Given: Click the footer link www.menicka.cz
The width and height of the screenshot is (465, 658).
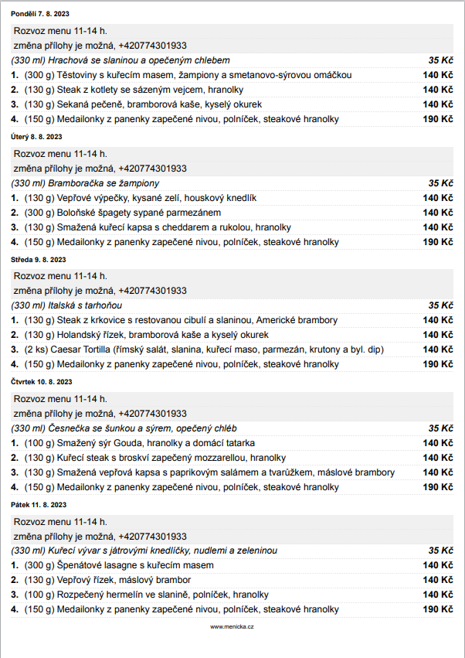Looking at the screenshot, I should (x=232, y=626).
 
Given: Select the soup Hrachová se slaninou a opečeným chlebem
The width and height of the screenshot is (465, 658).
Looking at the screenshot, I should (x=120, y=60).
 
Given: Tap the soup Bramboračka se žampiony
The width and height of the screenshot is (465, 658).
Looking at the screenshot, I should (x=86, y=183).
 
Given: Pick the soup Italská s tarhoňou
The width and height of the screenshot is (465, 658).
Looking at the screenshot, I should (x=75, y=305).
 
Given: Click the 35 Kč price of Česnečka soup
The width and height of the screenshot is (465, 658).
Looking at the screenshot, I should (x=440, y=428).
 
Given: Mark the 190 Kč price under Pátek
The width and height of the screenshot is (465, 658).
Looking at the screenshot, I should (x=437, y=609).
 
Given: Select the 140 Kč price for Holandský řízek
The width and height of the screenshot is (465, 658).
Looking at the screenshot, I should (x=437, y=335).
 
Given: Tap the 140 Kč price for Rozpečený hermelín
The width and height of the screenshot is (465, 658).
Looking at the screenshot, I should (x=437, y=595).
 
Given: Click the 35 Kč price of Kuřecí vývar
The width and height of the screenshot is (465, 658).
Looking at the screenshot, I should (x=440, y=551).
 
